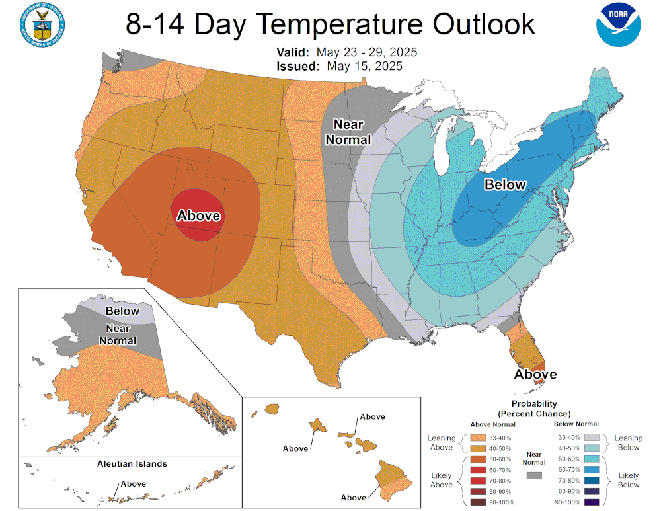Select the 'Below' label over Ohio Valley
(505, 185)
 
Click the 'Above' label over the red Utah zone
(198, 216)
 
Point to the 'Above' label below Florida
(535, 375)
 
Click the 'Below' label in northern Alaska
(122, 311)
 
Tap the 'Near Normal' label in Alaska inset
(118, 334)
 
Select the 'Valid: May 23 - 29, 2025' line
(347, 52)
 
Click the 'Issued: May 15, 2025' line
(339, 66)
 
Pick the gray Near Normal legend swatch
(533, 474)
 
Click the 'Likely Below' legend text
(628, 480)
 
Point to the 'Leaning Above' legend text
(441, 442)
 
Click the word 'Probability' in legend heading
(534, 403)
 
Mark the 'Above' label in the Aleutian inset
(133, 483)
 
